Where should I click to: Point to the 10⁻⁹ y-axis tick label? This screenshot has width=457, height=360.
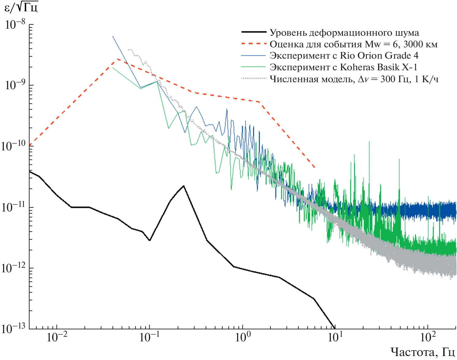[15, 86]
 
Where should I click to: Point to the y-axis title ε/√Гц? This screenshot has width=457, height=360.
[21, 7]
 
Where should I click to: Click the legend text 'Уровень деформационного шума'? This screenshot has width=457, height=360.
[344, 33]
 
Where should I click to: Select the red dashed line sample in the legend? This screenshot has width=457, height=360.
[254, 44]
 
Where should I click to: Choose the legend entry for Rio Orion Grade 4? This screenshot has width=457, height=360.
[344, 56]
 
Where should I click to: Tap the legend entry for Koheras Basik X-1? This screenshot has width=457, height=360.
[343, 67]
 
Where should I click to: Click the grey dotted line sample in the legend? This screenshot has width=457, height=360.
[254, 79]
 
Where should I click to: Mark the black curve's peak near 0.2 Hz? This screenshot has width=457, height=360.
[184, 186]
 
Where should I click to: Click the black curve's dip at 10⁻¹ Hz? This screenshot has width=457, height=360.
[150, 241]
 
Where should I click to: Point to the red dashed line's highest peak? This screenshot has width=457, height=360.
[117, 59]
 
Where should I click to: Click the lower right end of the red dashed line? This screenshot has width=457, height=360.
[314, 167]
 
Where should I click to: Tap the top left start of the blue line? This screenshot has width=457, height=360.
[113, 36]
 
